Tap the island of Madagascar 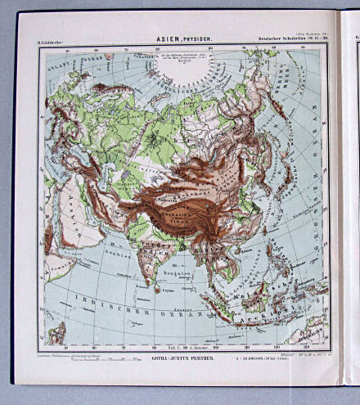[x=58, y=333]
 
